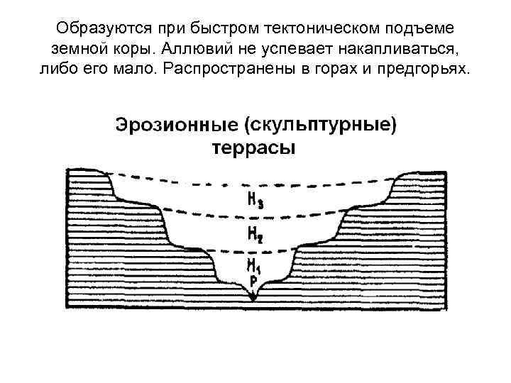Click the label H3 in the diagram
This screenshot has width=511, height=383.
(255, 201)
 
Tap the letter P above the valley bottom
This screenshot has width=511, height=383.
(253, 282)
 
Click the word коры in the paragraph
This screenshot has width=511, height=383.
(137, 50)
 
